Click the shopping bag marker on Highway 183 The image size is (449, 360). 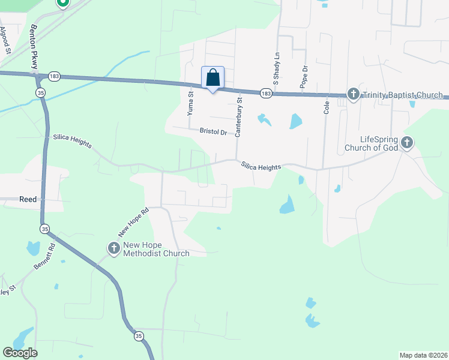point(212,78)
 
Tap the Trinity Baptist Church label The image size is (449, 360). point(403,95)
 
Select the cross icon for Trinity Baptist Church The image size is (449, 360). point(353,94)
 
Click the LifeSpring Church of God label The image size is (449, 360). point(371,143)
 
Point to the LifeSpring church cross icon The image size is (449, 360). point(407,142)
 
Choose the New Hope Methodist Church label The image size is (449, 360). point(156,249)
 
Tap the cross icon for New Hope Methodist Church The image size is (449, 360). point(114,247)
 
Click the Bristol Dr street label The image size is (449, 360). point(214,131)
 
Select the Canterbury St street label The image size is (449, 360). point(238,118)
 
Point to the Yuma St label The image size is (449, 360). point(190,103)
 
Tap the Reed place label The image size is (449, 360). point(28,199)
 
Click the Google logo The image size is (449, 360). point(20,352)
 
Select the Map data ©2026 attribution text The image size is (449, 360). point(423,355)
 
